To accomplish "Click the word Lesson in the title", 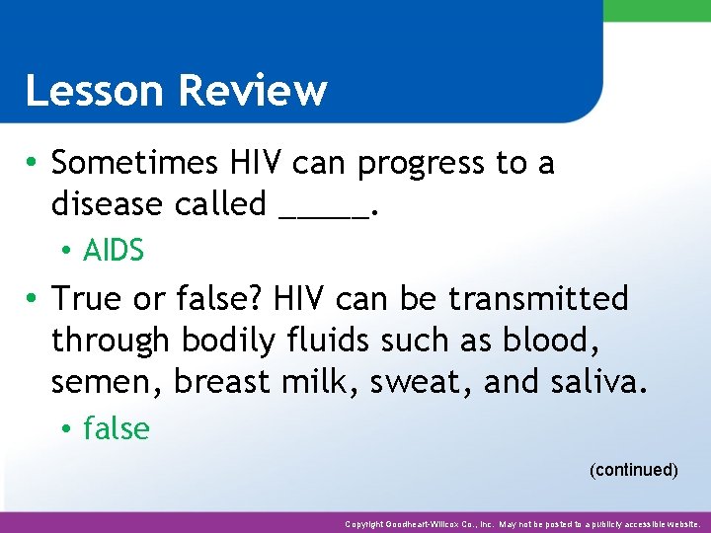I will [96, 91].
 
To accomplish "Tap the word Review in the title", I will [253, 91].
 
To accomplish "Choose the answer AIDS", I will [114, 252].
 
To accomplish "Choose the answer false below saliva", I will [117, 429].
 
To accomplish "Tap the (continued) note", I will [633, 470].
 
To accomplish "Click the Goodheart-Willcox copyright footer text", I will [522, 524].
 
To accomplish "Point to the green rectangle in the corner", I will [657, 10].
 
